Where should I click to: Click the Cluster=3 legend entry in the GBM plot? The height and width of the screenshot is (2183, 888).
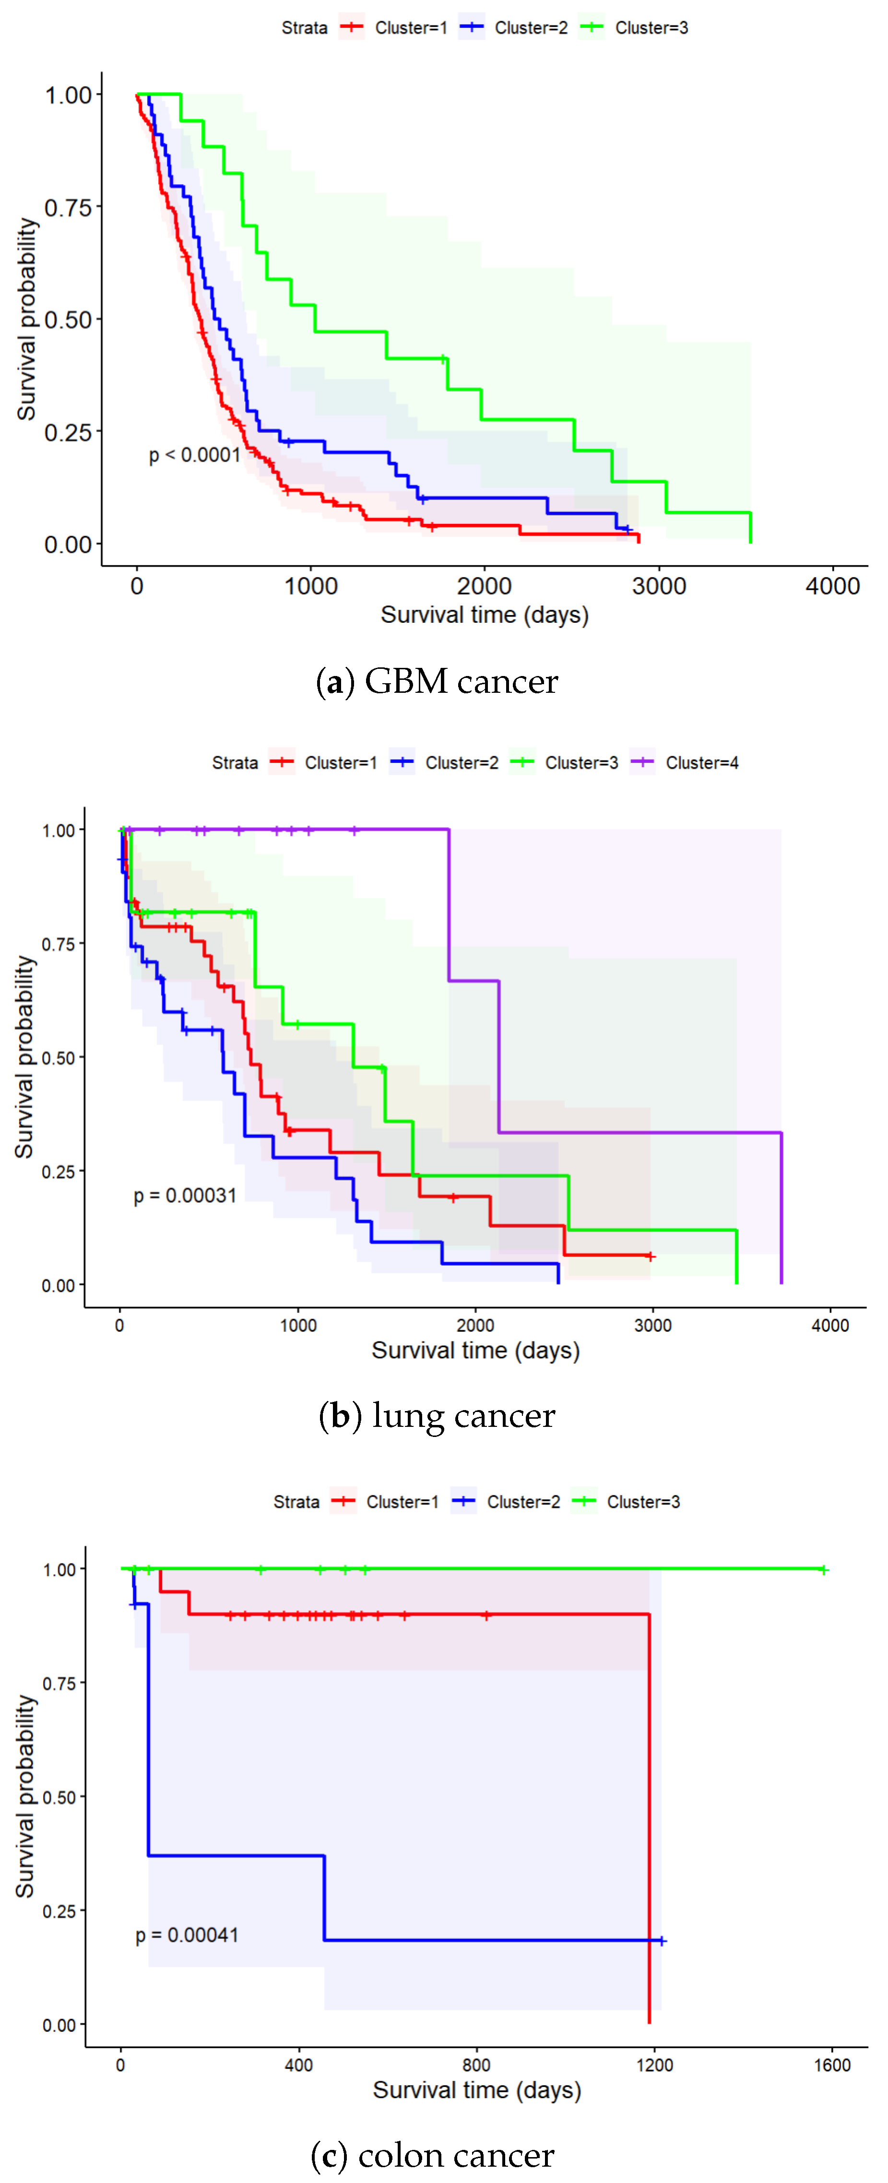tap(650, 28)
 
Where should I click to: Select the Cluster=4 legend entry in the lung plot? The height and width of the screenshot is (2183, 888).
tap(701, 763)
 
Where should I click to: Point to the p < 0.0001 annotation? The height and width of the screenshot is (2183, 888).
tap(195, 455)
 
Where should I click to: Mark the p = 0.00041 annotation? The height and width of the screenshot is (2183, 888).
tap(187, 1934)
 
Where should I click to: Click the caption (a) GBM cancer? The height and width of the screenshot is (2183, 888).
tap(437, 681)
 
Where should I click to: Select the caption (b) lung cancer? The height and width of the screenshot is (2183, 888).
tap(437, 1415)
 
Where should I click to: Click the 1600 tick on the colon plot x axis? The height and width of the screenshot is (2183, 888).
tap(832, 2064)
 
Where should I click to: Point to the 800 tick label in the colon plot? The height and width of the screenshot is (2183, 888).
tap(476, 2064)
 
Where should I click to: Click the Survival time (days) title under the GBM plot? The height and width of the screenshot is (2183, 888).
tap(484, 615)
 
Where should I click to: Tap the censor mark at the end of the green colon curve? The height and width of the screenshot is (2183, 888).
tap(823, 1569)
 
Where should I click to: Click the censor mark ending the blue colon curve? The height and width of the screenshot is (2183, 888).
tap(662, 1941)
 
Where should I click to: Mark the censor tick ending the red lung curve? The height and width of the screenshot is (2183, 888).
tap(650, 1256)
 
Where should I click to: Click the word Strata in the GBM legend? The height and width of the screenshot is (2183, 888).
tap(304, 28)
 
